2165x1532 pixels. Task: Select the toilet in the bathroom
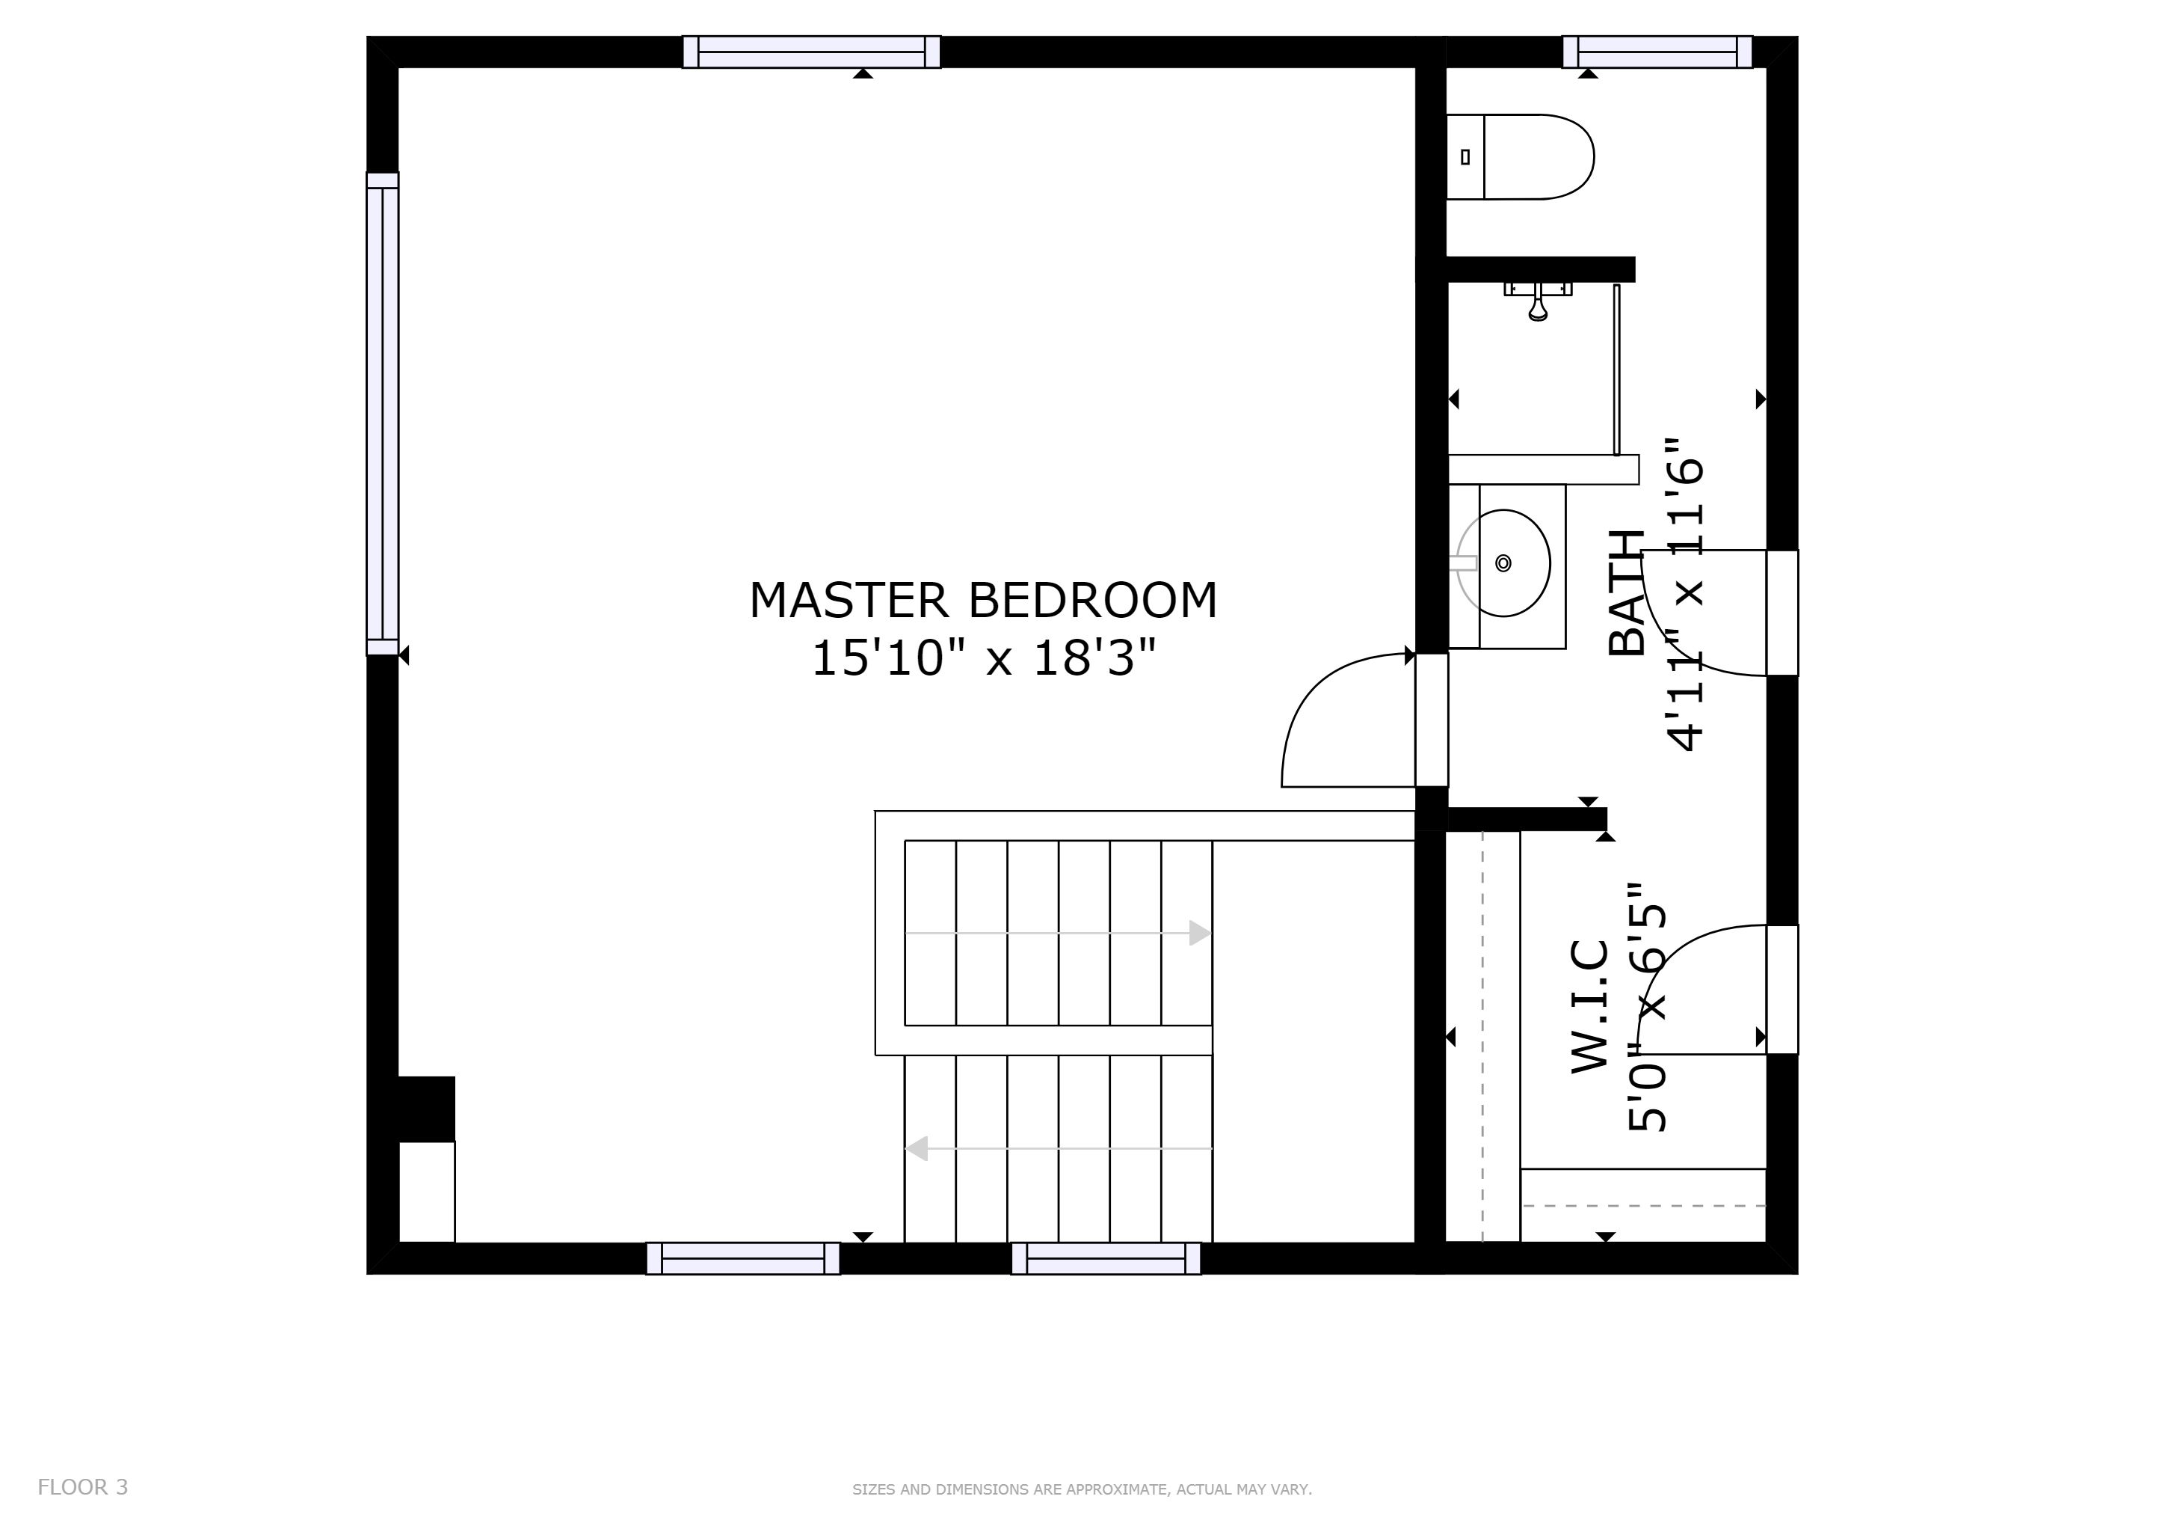1520,156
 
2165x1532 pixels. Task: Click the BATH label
1627,592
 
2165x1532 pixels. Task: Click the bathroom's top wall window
1657,52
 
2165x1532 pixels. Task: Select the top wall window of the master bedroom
811,52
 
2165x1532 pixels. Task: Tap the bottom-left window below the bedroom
743,1258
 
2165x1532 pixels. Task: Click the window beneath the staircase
1106,1258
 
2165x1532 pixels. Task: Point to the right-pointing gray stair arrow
1058,933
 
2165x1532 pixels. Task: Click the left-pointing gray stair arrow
1058,1148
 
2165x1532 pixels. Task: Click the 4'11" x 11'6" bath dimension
1685,594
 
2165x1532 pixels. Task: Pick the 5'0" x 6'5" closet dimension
1648,1007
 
